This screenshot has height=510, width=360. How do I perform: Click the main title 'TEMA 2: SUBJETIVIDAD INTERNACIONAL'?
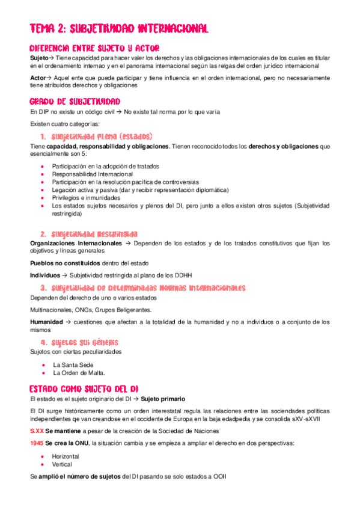click(x=119, y=28)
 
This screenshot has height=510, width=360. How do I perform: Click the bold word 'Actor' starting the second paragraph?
click(x=38, y=78)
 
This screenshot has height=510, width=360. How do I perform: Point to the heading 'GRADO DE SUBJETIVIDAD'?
click(x=75, y=101)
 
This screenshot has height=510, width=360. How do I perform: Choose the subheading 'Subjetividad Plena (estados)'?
click(x=102, y=136)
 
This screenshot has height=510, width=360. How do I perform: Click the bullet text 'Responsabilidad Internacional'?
click(x=93, y=174)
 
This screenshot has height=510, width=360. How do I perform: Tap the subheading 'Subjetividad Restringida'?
click(x=95, y=234)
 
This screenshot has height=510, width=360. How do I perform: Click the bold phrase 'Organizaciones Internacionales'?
click(x=75, y=244)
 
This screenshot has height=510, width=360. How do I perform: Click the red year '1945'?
click(x=37, y=443)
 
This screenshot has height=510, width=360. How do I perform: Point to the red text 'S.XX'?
click(x=37, y=431)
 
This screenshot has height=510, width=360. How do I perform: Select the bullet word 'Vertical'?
click(x=63, y=464)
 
